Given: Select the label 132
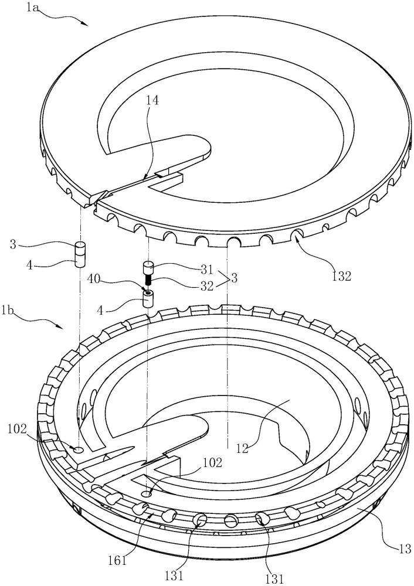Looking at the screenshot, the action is (x=341, y=276).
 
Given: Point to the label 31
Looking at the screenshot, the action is (x=206, y=269).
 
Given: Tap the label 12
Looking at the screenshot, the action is (x=243, y=447).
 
